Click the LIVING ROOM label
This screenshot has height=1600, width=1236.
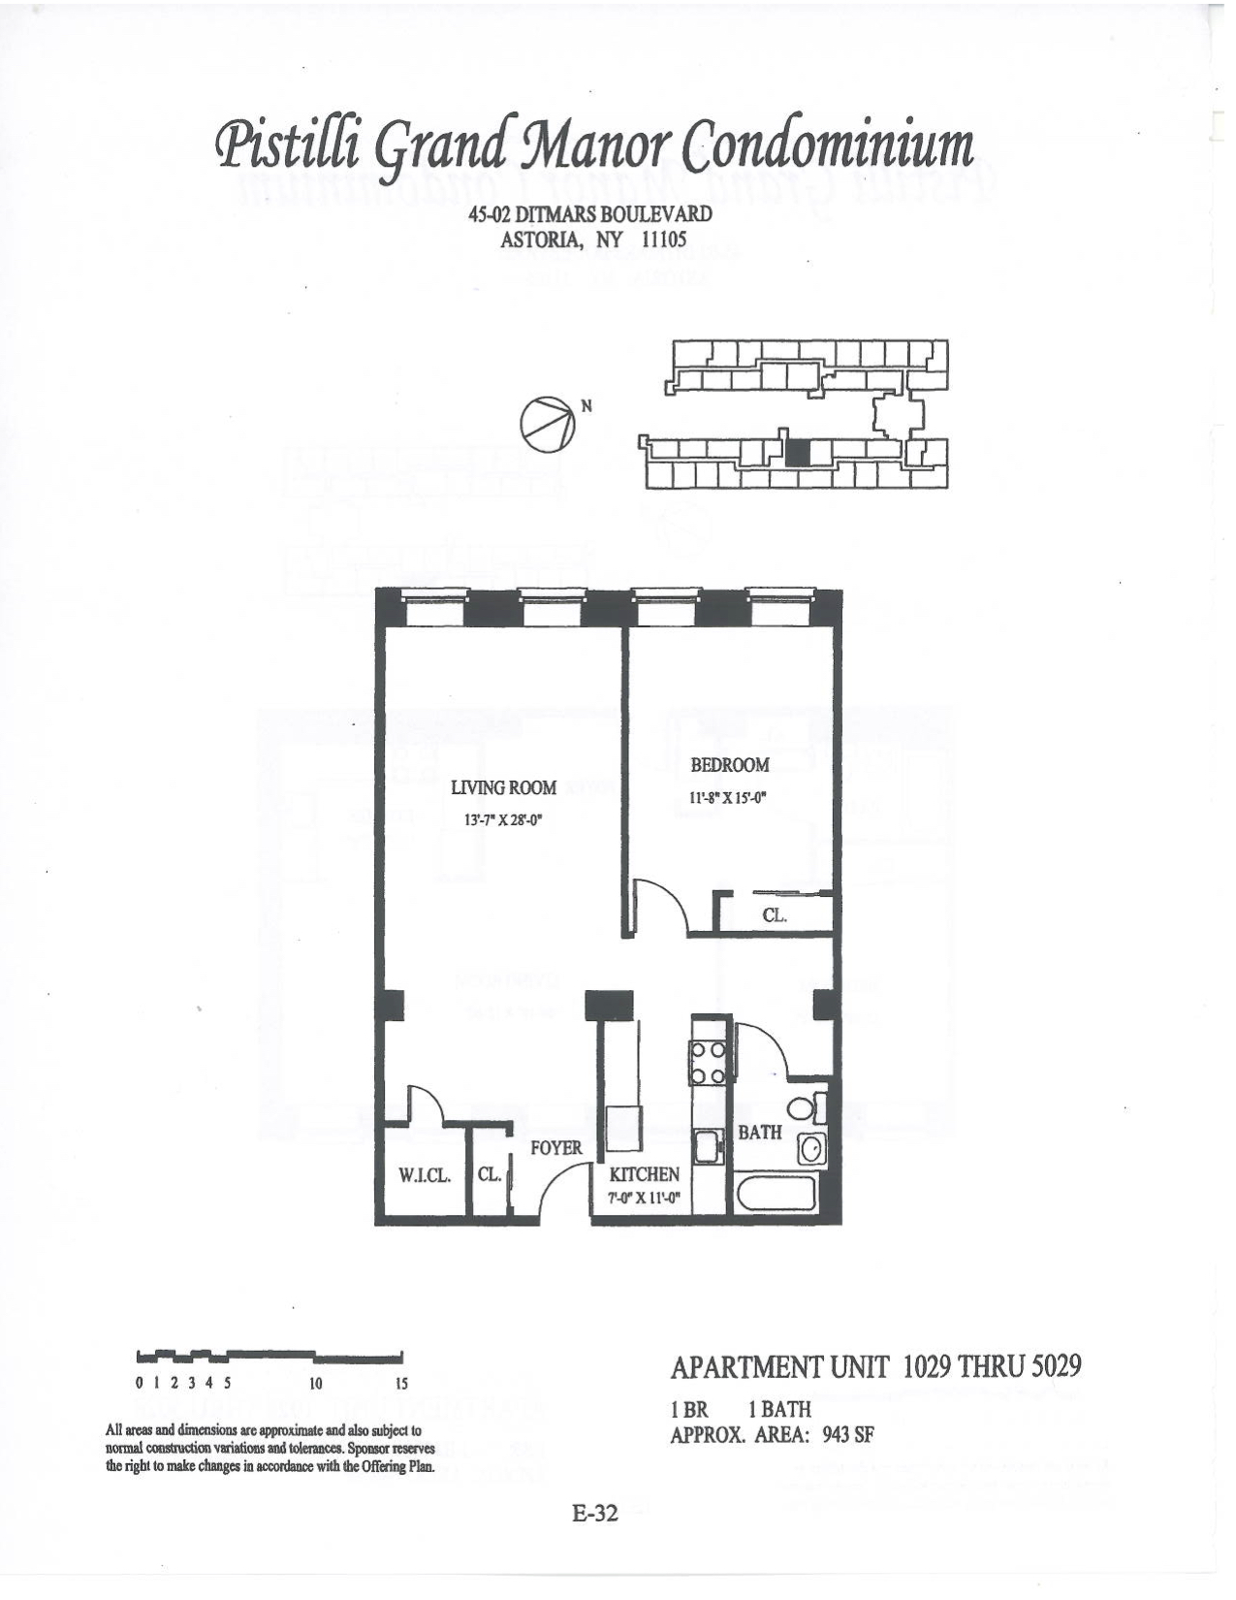(x=504, y=787)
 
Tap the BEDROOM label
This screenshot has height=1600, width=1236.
(x=729, y=765)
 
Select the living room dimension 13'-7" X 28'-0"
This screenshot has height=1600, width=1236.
(x=503, y=819)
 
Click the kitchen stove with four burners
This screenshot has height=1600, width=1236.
(x=707, y=1062)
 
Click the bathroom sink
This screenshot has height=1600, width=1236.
(x=812, y=1150)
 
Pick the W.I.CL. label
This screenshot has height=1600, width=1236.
(x=425, y=1175)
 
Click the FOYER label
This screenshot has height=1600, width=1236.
(x=556, y=1148)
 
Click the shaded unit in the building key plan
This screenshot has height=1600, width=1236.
(x=797, y=453)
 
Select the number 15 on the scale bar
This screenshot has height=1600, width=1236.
(x=402, y=1384)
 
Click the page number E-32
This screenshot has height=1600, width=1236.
(x=594, y=1514)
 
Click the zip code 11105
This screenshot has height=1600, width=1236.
(x=664, y=239)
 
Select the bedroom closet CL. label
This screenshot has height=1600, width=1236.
(x=774, y=914)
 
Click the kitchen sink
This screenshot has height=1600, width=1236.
(x=708, y=1145)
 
